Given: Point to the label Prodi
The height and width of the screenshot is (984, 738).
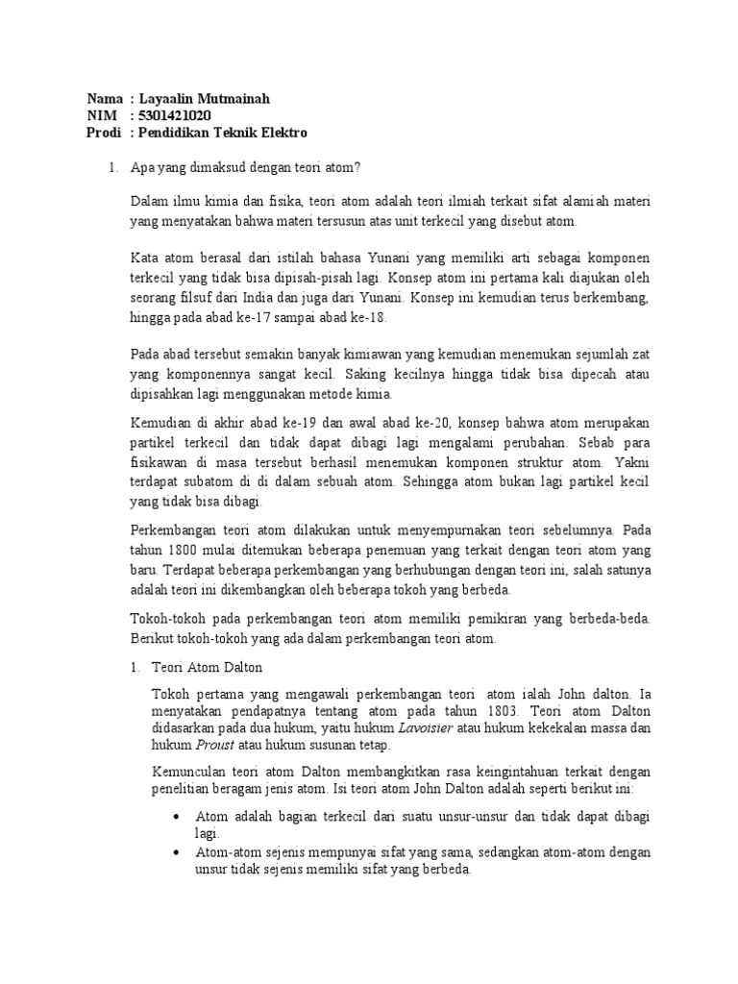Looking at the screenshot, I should (x=104, y=132).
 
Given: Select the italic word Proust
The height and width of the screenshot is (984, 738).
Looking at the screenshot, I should (x=214, y=745).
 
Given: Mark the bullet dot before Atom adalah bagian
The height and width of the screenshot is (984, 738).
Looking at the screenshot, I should (x=176, y=816).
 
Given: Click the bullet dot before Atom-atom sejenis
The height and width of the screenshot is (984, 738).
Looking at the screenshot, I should (x=176, y=852).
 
